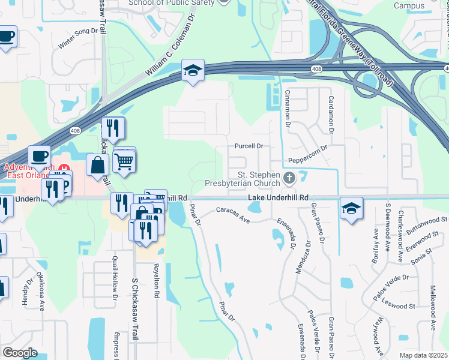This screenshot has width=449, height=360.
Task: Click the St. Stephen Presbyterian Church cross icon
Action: [x=289, y=177]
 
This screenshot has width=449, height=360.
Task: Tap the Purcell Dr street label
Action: [x=249, y=146]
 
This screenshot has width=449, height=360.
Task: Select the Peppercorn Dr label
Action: [x=307, y=157]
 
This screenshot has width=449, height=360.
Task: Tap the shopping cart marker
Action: [x=124, y=160]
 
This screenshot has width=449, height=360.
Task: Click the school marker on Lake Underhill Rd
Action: [x=351, y=208]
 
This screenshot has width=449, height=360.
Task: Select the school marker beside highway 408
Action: [x=193, y=71]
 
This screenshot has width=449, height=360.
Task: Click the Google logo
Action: [x=20, y=352]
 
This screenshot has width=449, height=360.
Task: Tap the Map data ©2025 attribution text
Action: [x=424, y=355]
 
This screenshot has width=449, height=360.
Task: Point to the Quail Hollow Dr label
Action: [x=114, y=275]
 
